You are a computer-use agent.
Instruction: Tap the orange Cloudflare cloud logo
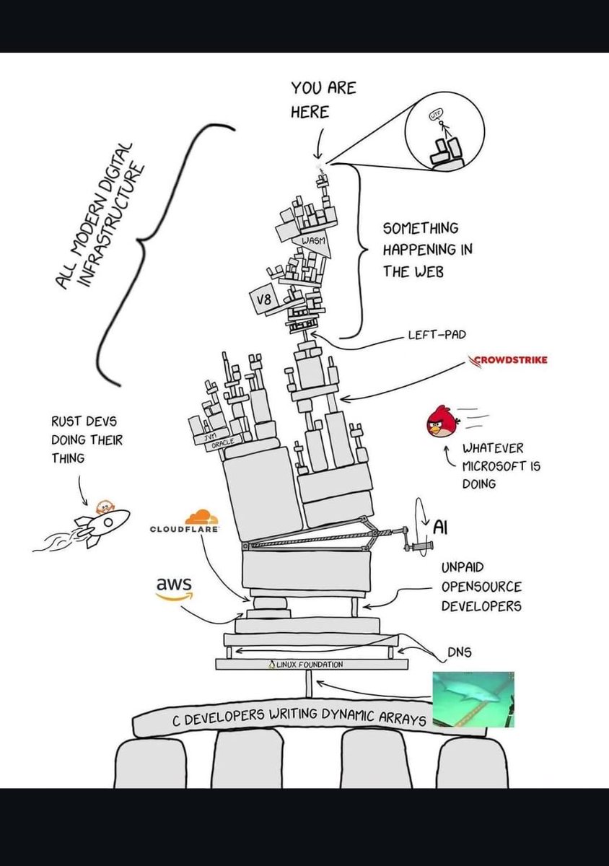pos(201,517)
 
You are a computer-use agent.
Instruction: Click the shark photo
pos(473,699)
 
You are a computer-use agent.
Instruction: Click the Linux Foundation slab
pos(311,664)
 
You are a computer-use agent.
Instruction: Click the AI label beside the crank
pos(441,527)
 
